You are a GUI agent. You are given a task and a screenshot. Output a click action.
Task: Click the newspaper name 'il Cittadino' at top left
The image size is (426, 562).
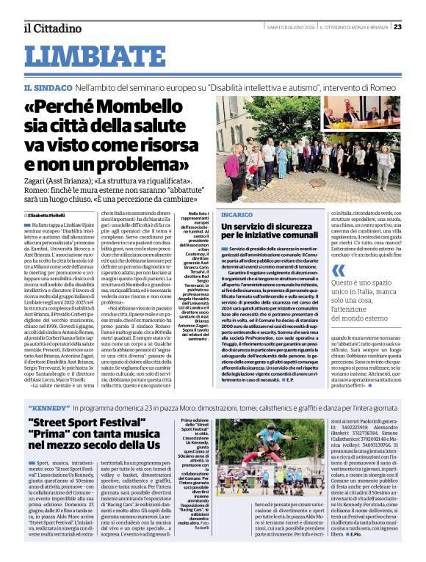tap(51, 28)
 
